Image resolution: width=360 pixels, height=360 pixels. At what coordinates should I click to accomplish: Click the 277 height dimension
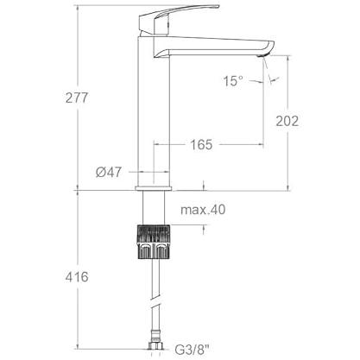76,98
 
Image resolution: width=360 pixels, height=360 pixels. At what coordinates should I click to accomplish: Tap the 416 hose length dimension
77,277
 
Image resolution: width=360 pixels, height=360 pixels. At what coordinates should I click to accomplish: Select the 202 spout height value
287,121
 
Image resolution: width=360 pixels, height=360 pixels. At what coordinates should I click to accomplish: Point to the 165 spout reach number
201,144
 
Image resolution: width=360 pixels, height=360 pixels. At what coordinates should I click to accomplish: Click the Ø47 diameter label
109,172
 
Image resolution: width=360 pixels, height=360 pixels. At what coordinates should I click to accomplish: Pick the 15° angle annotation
233,81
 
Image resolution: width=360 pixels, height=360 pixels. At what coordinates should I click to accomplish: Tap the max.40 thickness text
203,210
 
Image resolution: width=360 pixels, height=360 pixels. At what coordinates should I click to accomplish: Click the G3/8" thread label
193,350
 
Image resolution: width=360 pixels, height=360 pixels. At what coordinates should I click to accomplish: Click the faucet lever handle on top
179,19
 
